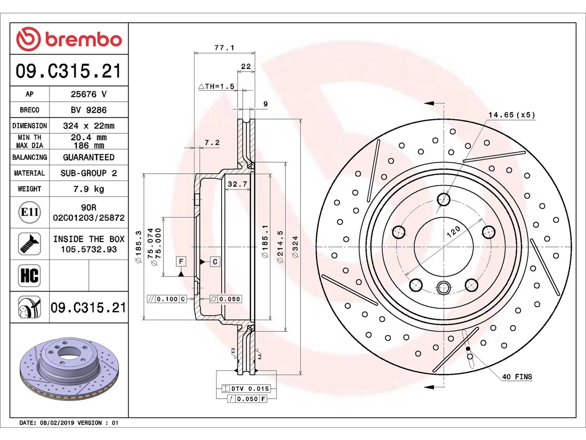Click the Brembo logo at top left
pos(69,39)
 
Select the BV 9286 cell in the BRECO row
pos(89,110)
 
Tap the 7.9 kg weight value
pos(89,189)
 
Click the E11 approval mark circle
pos(30,212)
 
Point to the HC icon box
pos(29,275)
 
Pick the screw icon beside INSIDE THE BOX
pos(29,244)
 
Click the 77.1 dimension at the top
pos(224,48)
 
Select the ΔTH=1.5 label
pos(216,86)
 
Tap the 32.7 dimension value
pos(237,184)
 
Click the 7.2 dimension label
pos(212,143)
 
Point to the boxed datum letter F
pos(181,261)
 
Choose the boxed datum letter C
pos(215,262)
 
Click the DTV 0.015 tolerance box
pos(246,389)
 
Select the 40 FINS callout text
pos(517,377)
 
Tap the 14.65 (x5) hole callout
pos(512,115)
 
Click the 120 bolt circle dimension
pos(453,232)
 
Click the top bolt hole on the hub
pos(444,199)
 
